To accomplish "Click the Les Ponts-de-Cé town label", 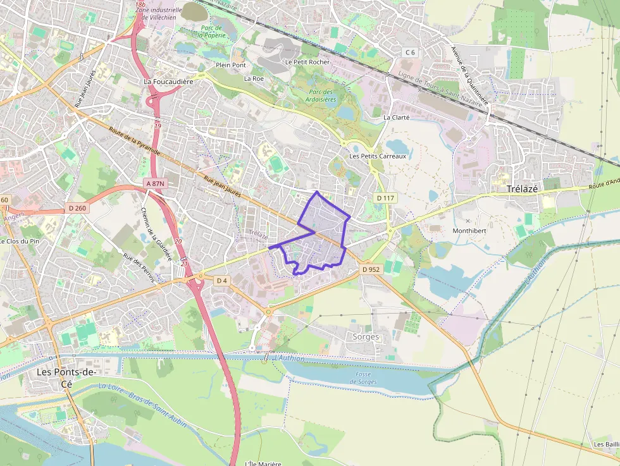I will point(66,377).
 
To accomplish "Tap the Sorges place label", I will point(366,336).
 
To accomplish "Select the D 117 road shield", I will point(385,198).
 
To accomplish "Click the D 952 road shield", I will point(371,269).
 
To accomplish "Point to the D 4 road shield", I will point(221,280).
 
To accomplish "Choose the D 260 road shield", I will point(77,207).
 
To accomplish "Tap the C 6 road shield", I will point(411,52).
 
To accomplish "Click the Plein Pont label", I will point(231,65).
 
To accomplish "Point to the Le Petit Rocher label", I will point(307,62).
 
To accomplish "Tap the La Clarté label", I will point(397,117).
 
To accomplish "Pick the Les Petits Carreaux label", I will point(378,156).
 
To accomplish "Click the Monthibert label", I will point(469,231).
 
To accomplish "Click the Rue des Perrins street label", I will point(139,267).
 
